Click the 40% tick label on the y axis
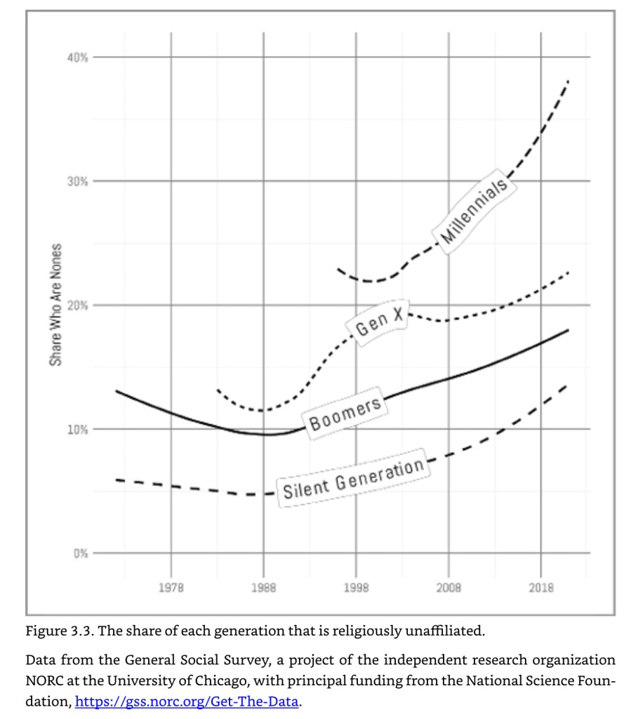77,57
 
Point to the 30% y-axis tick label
77,181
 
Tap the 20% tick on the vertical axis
77,305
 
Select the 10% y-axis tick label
77,430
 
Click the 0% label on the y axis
80,553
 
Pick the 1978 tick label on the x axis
171,588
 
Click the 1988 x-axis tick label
264,588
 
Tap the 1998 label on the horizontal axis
356,588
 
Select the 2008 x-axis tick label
448,588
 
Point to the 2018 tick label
541,588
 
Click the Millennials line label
474,209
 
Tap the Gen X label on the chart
380,322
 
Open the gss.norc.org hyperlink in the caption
187,701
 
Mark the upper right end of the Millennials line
568,82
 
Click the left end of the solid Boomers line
117,391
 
